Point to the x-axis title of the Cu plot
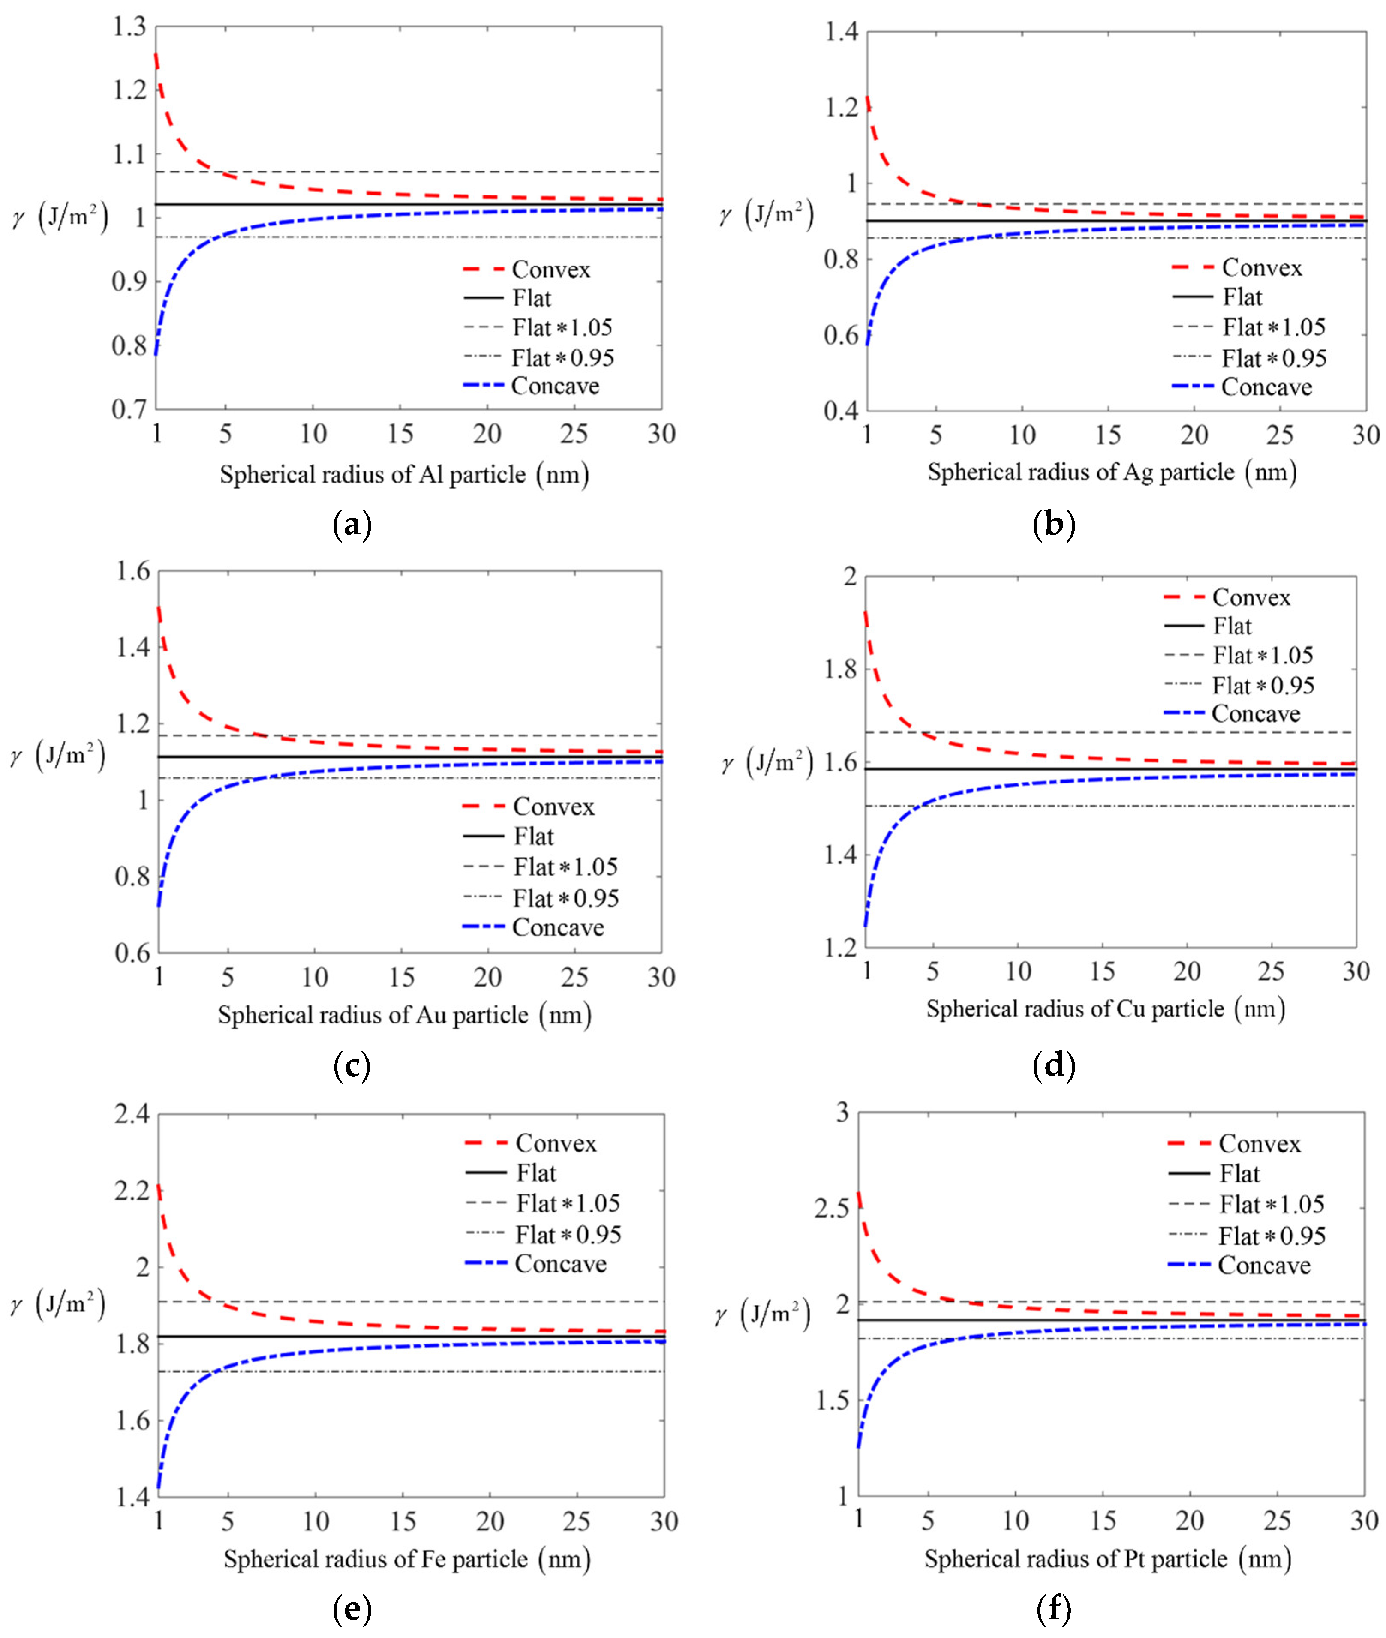tap(1106, 1009)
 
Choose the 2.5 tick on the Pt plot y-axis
tap(833, 1209)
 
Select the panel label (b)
tap(1053, 524)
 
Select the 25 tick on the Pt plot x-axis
tap(1277, 1521)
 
